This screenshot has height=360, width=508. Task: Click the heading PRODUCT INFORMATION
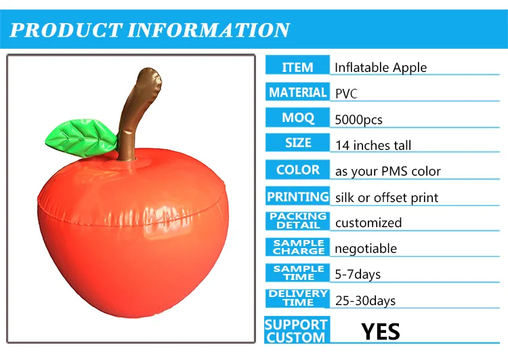coord(150,31)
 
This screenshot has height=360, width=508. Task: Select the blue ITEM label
coord(297,67)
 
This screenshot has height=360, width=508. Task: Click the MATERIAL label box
coord(297,92)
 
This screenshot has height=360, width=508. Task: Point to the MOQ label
coord(297,118)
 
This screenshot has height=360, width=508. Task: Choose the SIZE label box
coord(297,144)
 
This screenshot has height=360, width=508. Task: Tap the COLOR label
coord(297,169)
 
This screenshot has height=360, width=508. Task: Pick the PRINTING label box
coord(297,197)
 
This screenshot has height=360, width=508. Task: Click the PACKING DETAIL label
coord(297,221)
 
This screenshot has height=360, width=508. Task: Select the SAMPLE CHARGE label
coord(297,247)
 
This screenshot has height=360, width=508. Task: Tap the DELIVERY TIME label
coord(297,298)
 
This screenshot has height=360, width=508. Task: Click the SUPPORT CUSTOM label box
coord(296,331)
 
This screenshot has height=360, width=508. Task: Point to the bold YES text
coord(381,332)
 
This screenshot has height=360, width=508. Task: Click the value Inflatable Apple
coord(381,67)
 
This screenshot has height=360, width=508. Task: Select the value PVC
coord(346,94)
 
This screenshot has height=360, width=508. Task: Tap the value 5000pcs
coord(359,120)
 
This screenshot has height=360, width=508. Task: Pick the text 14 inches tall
coord(373,145)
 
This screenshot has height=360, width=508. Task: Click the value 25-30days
coord(365,300)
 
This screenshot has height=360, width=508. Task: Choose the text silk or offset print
coord(387,198)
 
